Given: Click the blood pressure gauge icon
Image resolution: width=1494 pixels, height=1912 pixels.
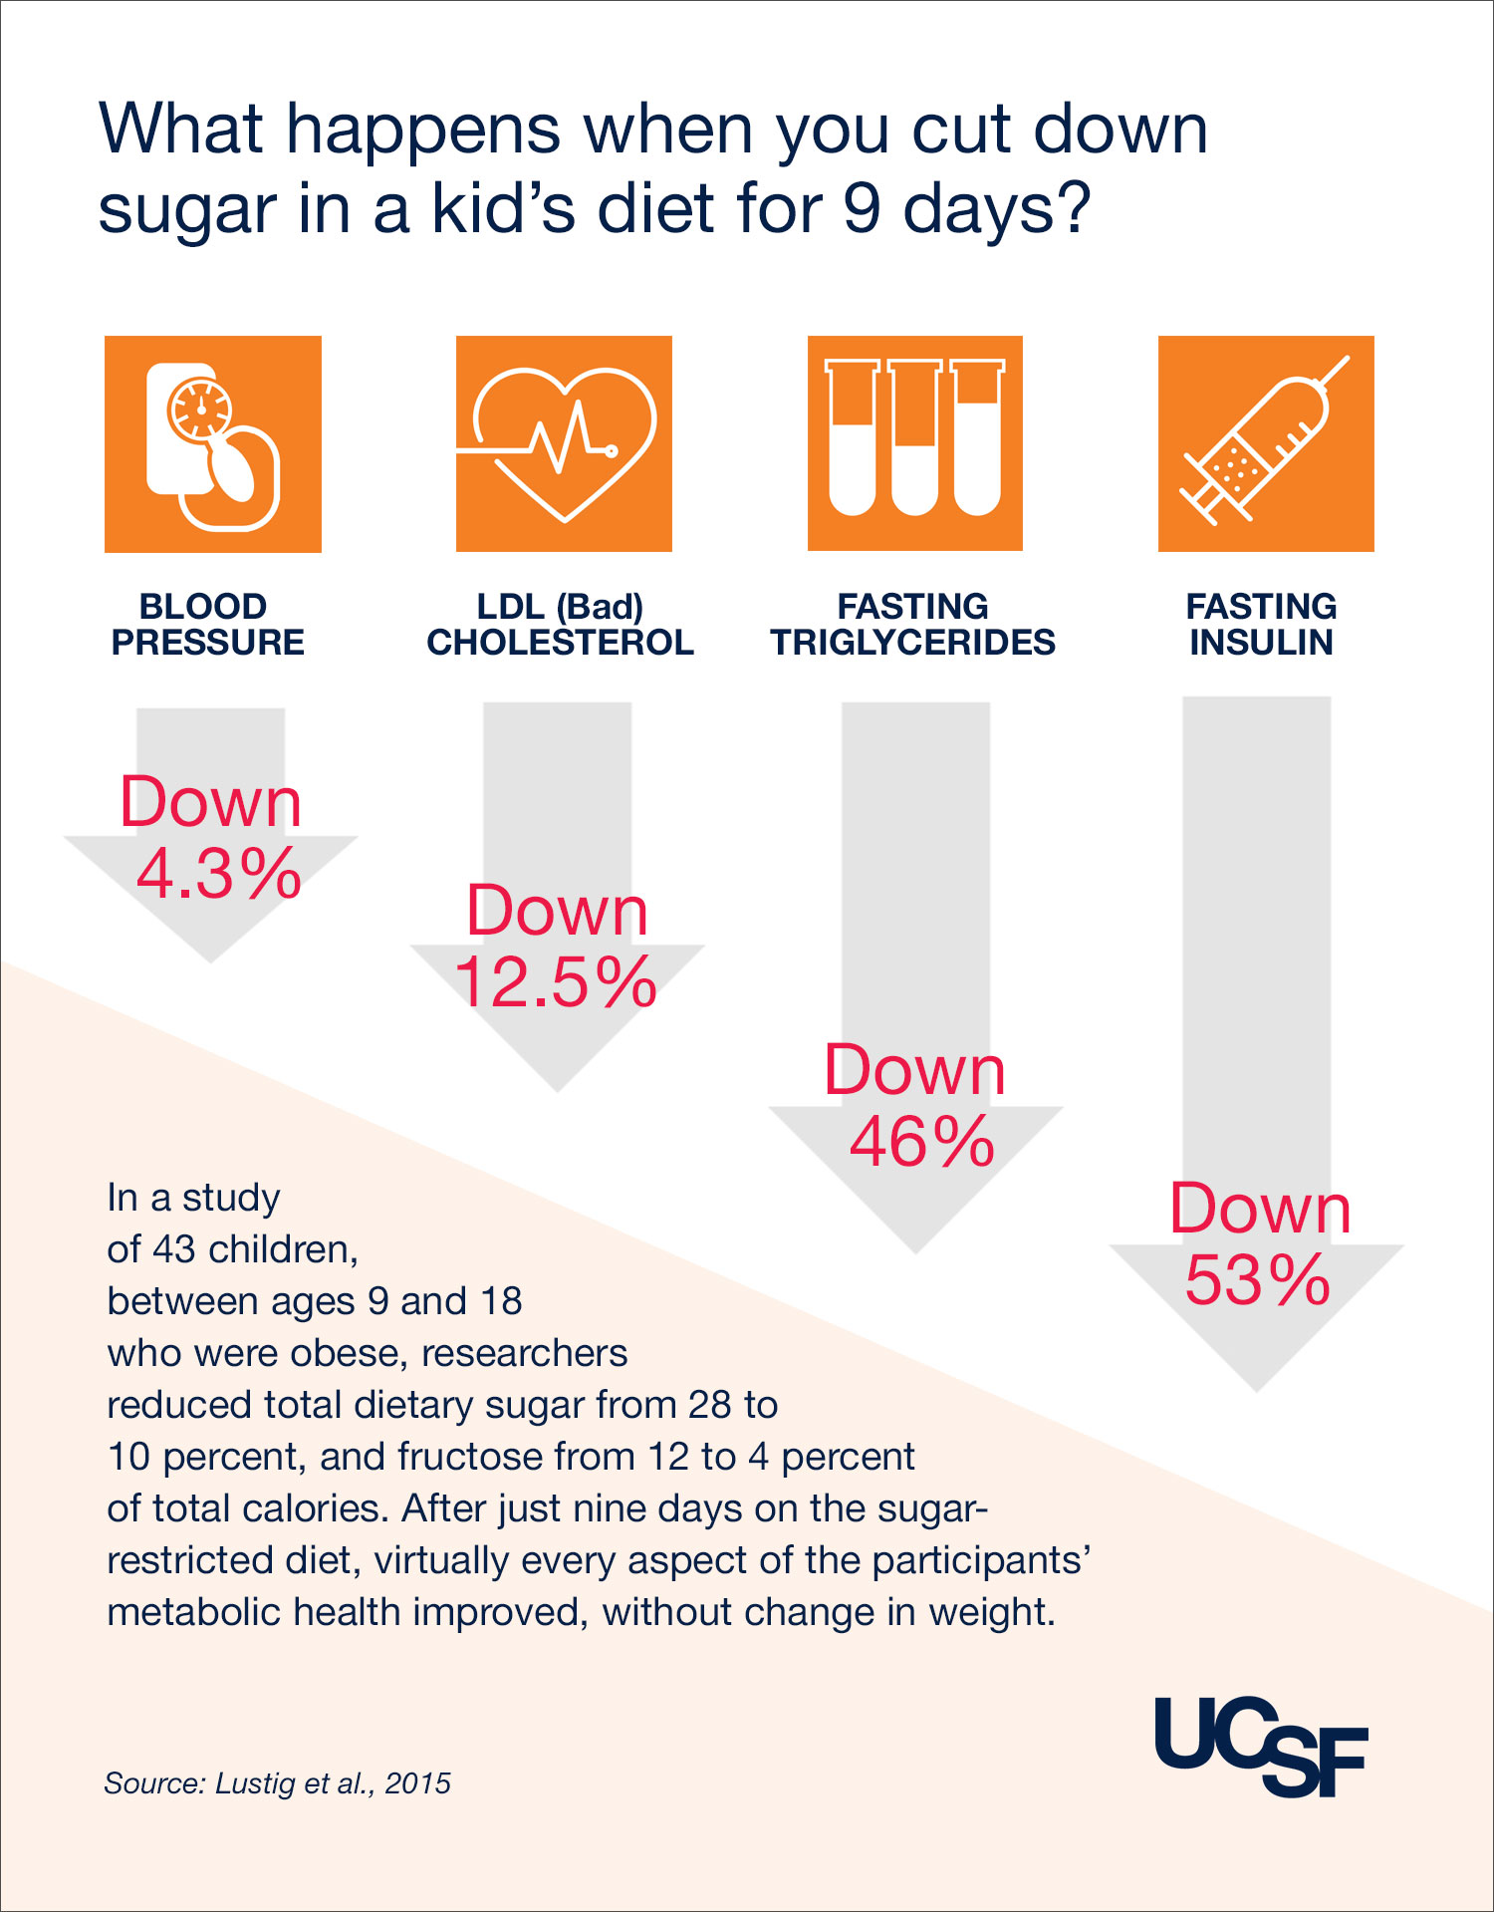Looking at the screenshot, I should [x=213, y=444].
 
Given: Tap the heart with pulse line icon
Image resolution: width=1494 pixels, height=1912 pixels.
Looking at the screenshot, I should [x=564, y=444].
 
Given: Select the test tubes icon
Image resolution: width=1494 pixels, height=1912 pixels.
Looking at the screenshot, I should [x=914, y=443].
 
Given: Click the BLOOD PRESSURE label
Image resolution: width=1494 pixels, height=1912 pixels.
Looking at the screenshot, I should [x=207, y=625].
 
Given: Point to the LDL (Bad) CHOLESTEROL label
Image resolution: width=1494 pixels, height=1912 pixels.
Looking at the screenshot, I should [x=560, y=625].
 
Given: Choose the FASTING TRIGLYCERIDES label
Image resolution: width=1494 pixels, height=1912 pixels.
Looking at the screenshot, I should [x=912, y=625].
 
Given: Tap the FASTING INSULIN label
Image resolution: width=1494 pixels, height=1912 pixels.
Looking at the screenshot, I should [x=1261, y=625].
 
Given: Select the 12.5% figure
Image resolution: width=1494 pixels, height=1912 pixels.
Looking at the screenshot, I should [x=556, y=982].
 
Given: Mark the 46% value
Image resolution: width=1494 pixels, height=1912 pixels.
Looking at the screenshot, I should [x=921, y=1142].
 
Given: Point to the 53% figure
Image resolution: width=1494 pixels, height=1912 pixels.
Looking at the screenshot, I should [x=1258, y=1280].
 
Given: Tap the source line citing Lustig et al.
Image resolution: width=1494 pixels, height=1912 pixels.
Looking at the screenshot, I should [x=277, y=1783].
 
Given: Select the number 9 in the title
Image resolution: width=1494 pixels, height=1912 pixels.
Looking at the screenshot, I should [x=862, y=209].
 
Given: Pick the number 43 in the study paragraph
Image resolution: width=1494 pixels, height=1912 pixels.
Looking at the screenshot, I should [x=174, y=1249].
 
